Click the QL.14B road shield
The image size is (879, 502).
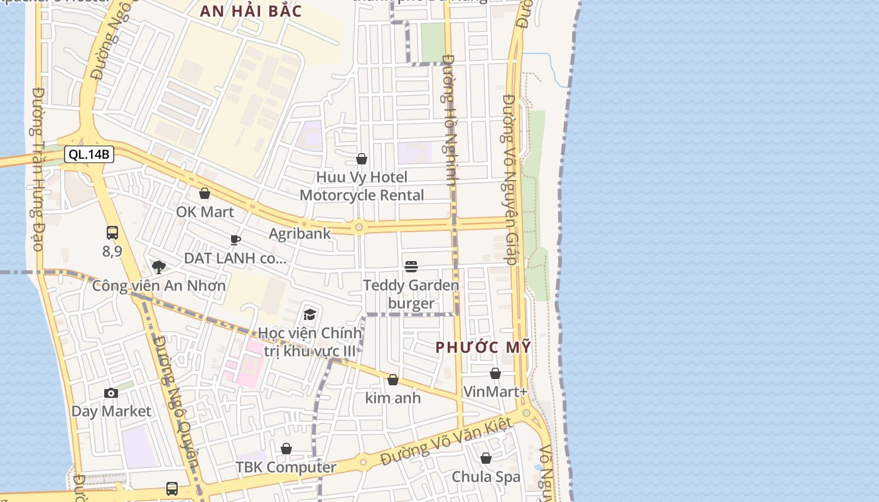click(x=89, y=154)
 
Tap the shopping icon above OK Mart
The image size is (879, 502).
click(x=204, y=193)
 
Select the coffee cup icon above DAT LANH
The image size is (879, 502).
click(x=235, y=240)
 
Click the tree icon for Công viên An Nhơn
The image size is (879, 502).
click(x=159, y=267)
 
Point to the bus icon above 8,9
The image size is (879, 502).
click(x=112, y=233)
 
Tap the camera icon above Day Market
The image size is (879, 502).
click(x=111, y=393)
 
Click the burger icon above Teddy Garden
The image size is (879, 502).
click(x=411, y=267)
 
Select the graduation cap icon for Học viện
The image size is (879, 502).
click(x=310, y=314)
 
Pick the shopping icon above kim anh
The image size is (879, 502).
click(x=393, y=380)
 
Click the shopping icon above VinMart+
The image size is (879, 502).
click(x=495, y=373)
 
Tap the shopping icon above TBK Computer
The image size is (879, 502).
click(x=286, y=449)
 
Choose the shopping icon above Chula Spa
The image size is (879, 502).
click(x=486, y=458)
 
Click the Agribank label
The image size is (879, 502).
click(x=299, y=234)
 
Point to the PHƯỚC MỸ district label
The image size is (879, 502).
click(x=483, y=347)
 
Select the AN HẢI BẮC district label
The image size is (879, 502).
click(x=251, y=11)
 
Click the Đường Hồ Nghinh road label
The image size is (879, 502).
click(x=450, y=119)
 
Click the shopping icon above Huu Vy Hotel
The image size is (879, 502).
click(x=362, y=159)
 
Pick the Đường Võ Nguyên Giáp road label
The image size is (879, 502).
click(x=510, y=179)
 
